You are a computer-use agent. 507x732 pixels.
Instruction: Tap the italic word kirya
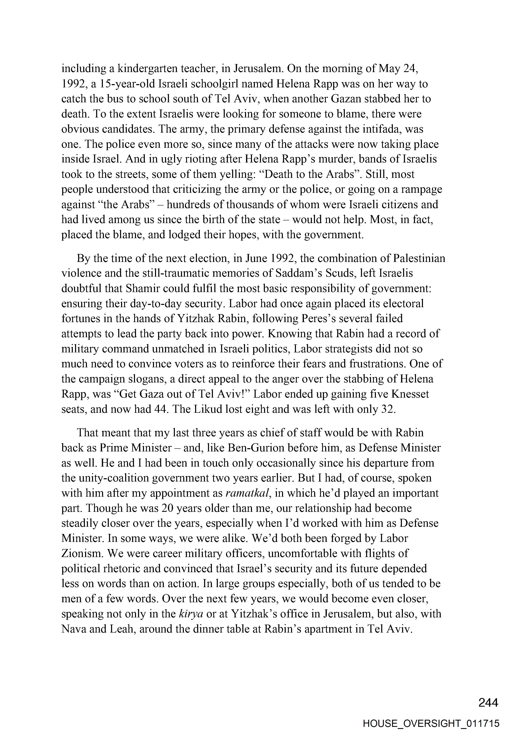pos(191,614)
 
